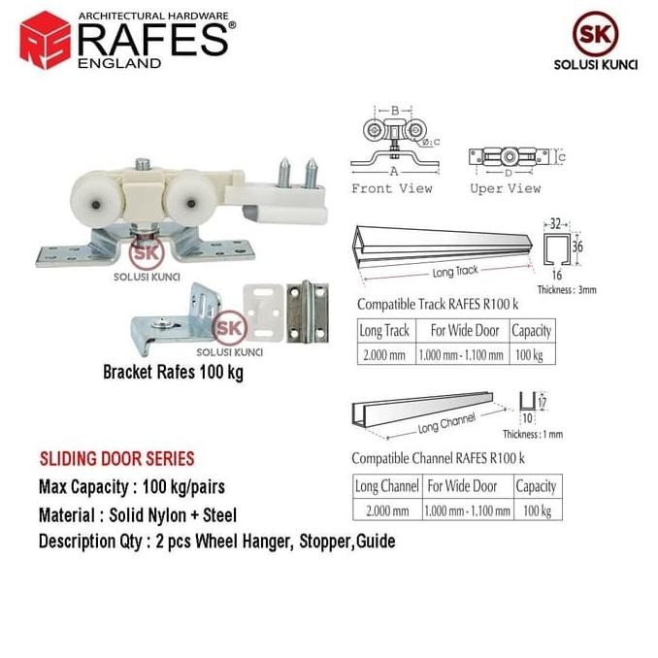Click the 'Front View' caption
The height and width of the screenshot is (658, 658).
[391, 188]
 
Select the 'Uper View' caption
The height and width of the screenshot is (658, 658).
[505, 188]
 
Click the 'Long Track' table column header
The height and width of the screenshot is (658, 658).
[384, 330]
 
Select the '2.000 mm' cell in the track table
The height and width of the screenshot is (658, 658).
[384, 354]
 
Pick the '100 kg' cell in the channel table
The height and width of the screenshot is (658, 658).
[535, 509]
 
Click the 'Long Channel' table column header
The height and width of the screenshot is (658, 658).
[386, 485]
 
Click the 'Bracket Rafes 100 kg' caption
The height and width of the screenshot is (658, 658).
[173, 373]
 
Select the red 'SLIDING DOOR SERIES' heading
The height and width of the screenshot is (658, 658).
[116, 458]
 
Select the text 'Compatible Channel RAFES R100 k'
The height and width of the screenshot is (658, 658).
[438, 457]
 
